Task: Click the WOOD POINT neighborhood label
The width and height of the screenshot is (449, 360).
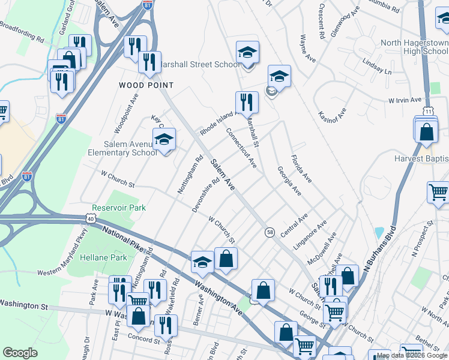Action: pyautogui.click(x=146, y=85)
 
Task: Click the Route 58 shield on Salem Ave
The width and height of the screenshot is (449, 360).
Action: pyautogui.click(x=270, y=232)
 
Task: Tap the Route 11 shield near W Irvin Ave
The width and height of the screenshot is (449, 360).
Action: pyautogui.click(x=427, y=111)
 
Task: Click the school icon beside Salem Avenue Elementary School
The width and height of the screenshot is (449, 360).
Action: pyautogui.click(x=164, y=140)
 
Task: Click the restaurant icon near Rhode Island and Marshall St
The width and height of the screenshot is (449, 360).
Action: pyautogui.click(x=247, y=102)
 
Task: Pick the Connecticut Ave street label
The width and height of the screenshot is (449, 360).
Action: pyautogui.click(x=241, y=148)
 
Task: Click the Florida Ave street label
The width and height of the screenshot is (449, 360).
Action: pyautogui.click(x=301, y=169)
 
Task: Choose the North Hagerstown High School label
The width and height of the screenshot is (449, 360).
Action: pyautogui.click(x=414, y=47)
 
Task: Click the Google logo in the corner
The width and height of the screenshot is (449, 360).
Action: pyautogui.click(x=20, y=353)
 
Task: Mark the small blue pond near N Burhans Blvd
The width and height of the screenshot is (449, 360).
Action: pyautogui.click(x=378, y=233)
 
